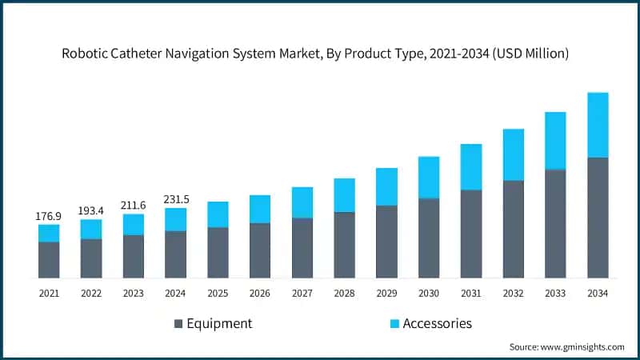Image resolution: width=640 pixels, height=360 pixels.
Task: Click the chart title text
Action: pyautogui.click(x=320, y=54)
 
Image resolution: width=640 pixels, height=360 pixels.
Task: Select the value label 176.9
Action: pyautogui.click(x=49, y=216)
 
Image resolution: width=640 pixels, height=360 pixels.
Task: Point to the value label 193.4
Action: pyautogui.click(x=91, y=210)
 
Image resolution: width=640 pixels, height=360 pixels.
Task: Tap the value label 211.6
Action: pyautogui.click(x=134, y=205)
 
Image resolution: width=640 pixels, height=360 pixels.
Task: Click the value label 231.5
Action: pyautogui.click(x=175, y=199)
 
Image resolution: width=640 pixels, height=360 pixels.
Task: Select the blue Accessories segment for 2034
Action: pyautogui.click(x=598, y=125)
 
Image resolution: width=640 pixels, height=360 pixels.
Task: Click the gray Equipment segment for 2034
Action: pyautogui.click(x=598, y=218)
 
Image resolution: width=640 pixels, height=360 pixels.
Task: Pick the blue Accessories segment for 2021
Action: pyautogui.click(x=49, y=233)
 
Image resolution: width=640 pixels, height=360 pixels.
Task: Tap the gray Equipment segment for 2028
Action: pyautogui.click(x=344, y=245)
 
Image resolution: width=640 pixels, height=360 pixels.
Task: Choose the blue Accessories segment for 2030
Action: pyautogui.click(x=429, y=178)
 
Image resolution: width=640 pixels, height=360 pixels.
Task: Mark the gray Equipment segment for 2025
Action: pyautogui.click(x=218, y=253)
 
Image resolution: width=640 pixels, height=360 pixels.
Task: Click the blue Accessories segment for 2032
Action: pyautogui.click(x=513, y=154)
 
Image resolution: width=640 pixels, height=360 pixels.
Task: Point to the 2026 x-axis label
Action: pyautogui.click(x=260, y=294)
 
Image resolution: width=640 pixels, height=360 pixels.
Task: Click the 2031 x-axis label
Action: pyautogui.click(x=471, y=294)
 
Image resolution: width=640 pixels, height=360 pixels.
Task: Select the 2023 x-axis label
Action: pyautogui.click(x=134, y=294)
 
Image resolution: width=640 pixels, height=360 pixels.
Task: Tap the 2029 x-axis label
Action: pyautogui.click(x=386, y=294)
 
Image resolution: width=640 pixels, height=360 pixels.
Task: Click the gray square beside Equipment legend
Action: pyautogui.click(x=178, y=324)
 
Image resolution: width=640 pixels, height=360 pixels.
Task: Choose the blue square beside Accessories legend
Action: pyautogui.click(x=394, y=324)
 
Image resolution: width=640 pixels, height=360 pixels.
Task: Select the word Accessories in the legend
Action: pyautogui.click(x=437, y=324)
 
